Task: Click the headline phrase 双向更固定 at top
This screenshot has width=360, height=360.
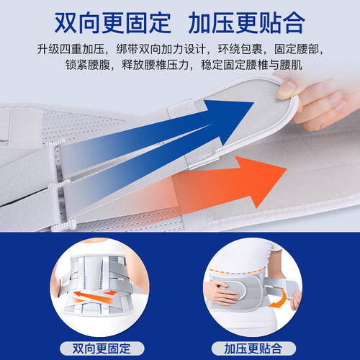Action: [113, 23]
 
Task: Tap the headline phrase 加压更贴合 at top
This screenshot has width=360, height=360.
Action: [246, 23]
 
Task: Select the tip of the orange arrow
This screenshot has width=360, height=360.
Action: [287, 168]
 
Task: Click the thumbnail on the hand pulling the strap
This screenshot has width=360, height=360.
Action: [287, 89]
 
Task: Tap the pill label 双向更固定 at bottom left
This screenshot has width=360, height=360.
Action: [102, 348]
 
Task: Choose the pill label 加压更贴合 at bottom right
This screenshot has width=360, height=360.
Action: [253, 348]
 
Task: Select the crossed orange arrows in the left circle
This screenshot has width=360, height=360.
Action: [95, 297]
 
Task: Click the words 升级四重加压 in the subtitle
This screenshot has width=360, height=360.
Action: [71, 49]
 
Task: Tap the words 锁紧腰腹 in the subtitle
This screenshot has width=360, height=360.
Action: [87, 65]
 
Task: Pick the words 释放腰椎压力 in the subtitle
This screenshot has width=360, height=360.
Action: [155, 65]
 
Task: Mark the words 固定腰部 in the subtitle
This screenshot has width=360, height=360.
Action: [297, 49]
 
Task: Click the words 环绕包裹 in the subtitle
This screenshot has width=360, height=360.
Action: [240, 49]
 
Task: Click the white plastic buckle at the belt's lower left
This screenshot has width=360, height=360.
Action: [63, 225]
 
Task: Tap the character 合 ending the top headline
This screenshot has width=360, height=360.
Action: [294, 23]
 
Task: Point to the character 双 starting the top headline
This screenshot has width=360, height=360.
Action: [66, 23]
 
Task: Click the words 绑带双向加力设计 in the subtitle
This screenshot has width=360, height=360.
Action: [161, 49]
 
